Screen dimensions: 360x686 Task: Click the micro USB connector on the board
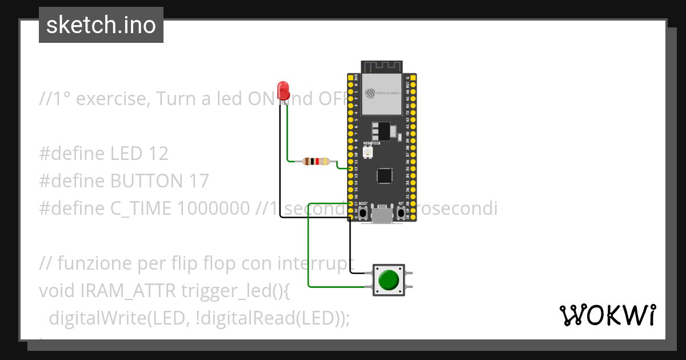(x=382, y=215)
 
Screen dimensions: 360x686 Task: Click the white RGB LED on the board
(x=367, y=151)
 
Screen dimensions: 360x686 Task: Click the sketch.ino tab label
(x=101, y=25)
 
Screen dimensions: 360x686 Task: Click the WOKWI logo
(x=607, y=315)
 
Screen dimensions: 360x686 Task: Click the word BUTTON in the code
(x=146, y=181)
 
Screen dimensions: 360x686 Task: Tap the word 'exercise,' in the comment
(x=113, y=99)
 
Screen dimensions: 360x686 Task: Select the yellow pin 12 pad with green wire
(x=350, y=169)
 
